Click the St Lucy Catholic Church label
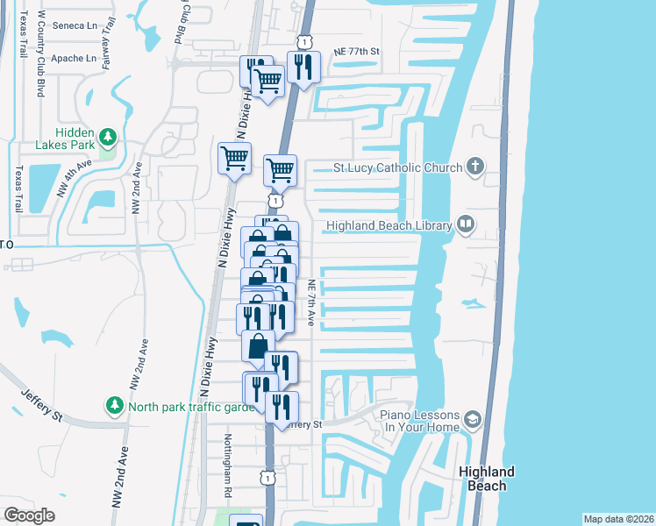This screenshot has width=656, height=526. point(396,167)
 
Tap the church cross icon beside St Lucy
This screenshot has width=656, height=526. point(474,166)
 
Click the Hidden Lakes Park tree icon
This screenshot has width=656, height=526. point(107,137)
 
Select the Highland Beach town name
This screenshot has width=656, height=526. point(487,479)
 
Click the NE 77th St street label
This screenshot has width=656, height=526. point(356,52)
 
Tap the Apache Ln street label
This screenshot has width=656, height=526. point(74,59)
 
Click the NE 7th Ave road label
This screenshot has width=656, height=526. point(311,304)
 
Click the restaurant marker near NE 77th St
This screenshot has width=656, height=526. point(303,67)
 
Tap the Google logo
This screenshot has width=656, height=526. point(29,515)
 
